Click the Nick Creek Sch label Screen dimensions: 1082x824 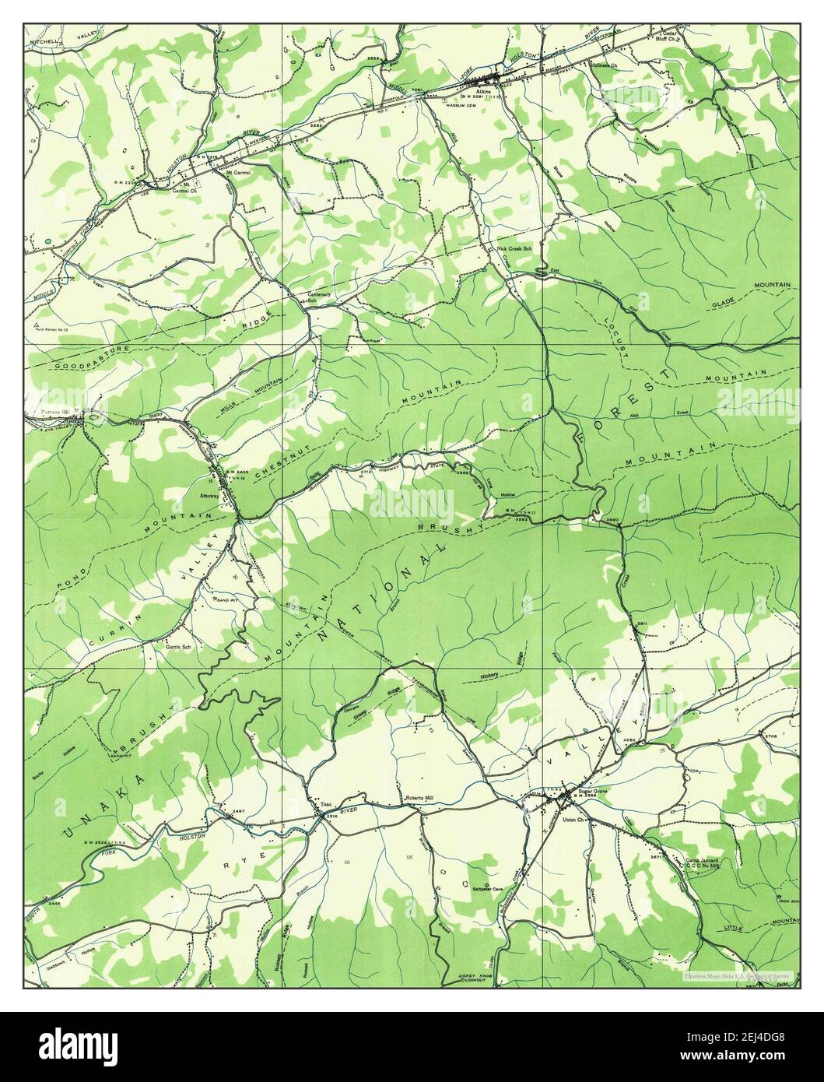click(x=514, y=249)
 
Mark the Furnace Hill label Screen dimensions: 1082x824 click(x=57, y=413)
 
